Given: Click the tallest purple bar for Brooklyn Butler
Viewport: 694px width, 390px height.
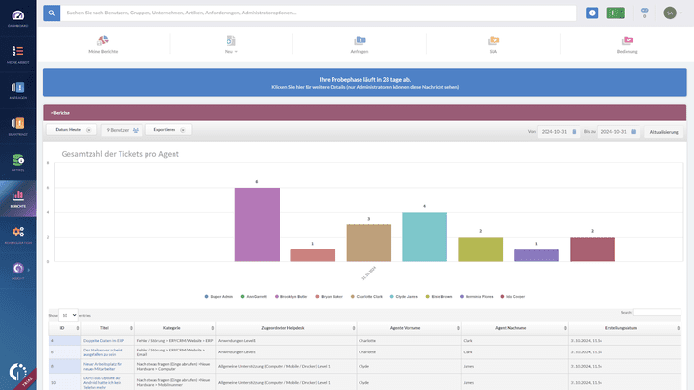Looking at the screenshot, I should (x=257, y=223).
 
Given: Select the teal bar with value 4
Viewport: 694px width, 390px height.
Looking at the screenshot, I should (x=424, y=236).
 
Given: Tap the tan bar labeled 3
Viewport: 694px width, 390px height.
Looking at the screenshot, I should (x=368, y=242).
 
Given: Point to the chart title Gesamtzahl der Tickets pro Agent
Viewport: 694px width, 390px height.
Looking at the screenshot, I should (x=120, y=154).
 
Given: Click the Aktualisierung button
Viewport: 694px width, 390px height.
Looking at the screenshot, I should (x=664, y=131).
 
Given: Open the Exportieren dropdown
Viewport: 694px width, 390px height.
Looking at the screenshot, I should (x=168, y=129).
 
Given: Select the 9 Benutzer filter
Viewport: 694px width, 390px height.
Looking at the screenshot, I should (x=122, y=129).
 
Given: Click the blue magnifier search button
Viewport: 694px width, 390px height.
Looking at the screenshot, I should (x=51, y=13).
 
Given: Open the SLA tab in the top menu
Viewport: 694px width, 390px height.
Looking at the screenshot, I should (x=493, y=43).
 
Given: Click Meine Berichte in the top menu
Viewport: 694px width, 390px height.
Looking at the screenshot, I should (x=103, y=43).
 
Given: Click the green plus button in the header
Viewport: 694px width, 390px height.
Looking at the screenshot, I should (x=612, y=13).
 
